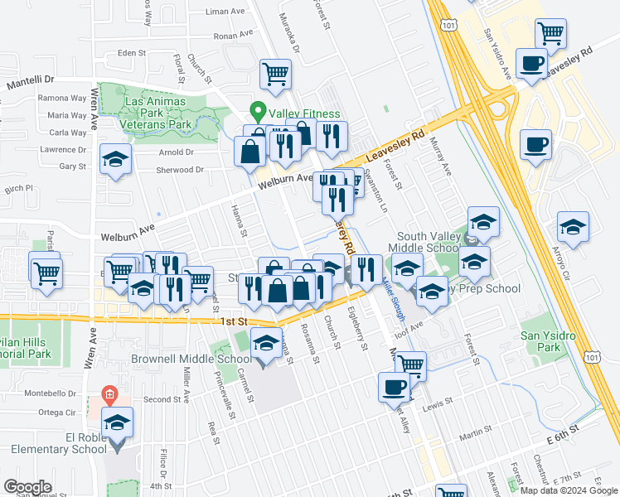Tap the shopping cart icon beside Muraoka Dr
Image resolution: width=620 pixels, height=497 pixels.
tap(276, 73)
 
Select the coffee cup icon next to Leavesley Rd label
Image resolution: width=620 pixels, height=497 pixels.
tap(530, 62)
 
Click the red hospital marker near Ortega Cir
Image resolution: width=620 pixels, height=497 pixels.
tap(108, 393)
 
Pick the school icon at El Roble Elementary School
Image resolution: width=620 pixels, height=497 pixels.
tap(118, 424)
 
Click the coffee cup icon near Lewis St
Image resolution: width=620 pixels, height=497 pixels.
tap(395, 386)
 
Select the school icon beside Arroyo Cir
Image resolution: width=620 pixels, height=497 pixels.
tap(573, 226)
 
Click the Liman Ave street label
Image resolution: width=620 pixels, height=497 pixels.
tap(225, 12)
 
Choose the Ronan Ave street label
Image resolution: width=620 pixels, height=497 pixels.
tap(232, 36)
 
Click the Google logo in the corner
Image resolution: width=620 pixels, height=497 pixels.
tap(27, 487)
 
